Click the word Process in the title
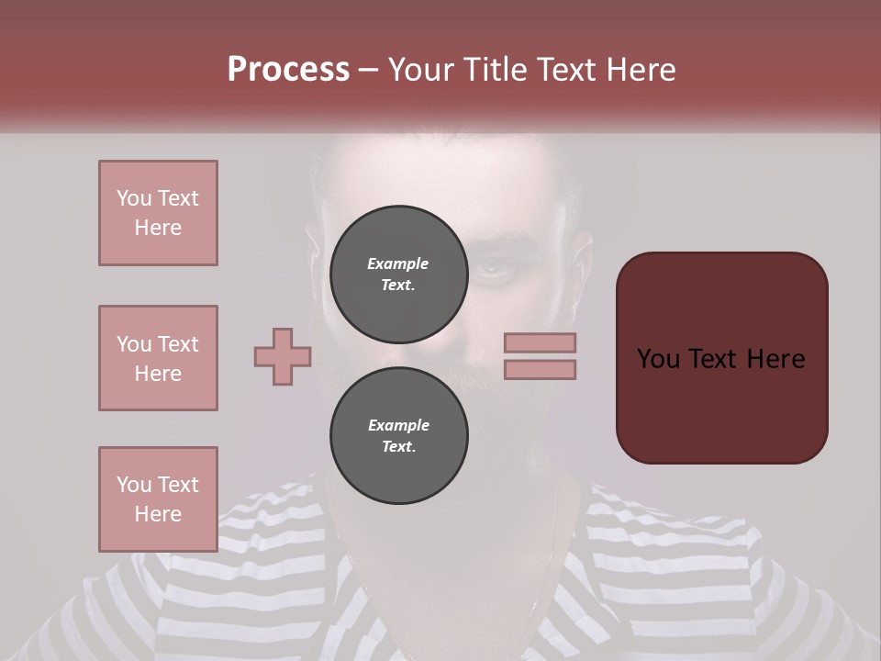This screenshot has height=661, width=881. coord(288,69)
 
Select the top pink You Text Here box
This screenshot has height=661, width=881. coord(158,213)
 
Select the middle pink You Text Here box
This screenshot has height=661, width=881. coord(158,358)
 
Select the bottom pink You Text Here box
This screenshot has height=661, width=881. coord(158,499)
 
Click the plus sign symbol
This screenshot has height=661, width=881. coord(283,357)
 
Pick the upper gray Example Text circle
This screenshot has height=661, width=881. coord(398,274)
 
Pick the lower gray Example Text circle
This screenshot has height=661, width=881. coord(398,436)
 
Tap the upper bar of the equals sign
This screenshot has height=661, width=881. coord(540,342)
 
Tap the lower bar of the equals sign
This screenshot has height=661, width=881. coord(540,369)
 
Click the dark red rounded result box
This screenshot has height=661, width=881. coord(721,357)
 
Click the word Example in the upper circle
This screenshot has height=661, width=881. coord(398,263)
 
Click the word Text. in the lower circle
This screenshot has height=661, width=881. coord(398,447)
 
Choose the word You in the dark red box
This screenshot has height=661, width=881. coord(658,359)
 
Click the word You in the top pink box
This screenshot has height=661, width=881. coord(134,198)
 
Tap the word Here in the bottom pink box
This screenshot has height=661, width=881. coord(158,514)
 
